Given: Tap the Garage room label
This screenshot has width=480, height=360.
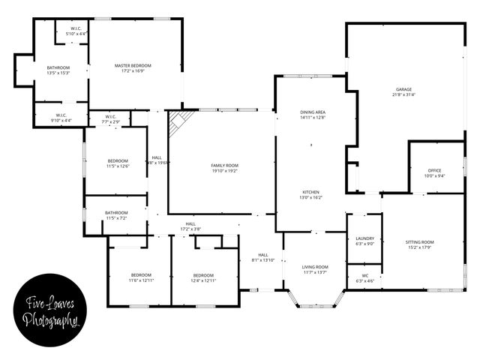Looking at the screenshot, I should click(x=403, y=91).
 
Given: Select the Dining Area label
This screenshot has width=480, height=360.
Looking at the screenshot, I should click(x=311, y=115).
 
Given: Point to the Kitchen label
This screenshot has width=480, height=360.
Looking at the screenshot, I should click(x=311, y=194).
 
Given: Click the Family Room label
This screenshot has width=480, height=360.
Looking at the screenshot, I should click(x=223, y=168).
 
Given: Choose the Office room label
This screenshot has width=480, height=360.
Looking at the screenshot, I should click(x=435, y=173).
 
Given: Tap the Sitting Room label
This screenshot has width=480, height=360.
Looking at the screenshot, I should click(x=419, y=245).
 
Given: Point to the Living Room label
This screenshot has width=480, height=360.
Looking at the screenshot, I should click(x=315, y=269).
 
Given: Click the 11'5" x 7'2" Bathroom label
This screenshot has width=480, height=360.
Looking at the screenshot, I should click(x=116, y=214).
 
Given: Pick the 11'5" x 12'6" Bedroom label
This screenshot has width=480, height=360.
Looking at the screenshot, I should click(x=118, y=163).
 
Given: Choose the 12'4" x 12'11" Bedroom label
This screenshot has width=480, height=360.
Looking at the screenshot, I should click(x=204, y=277).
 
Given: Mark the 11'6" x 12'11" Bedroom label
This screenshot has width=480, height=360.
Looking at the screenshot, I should click(x=140, y=277).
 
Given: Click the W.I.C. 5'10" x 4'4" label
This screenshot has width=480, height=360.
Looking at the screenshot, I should click(x=76, y=31).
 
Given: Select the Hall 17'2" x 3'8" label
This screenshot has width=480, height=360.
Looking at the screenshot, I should click(x=190, y=226).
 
